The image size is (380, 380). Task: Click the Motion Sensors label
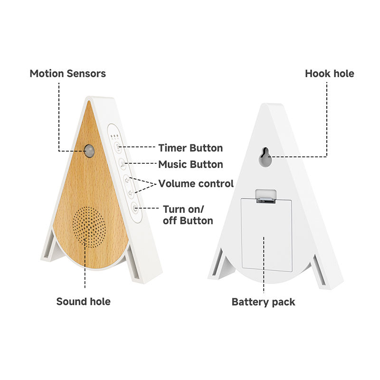[67, 74]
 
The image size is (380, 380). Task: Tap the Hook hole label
[329, 74]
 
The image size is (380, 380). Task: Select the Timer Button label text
[190, 148]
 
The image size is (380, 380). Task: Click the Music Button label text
[190, 164]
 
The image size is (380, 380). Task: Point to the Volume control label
[196, 183]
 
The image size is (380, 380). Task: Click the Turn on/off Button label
[188, 215]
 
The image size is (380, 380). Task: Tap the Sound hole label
[83, 301]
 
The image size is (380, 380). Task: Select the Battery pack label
[263, 302]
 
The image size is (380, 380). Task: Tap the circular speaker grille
[89, 226]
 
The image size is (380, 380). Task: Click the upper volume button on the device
[126, 180]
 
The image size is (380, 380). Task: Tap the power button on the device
[135, 207]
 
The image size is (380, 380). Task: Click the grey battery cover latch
[266, 196]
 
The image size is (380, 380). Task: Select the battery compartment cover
[266, 235]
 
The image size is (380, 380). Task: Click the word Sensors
[86, 74]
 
